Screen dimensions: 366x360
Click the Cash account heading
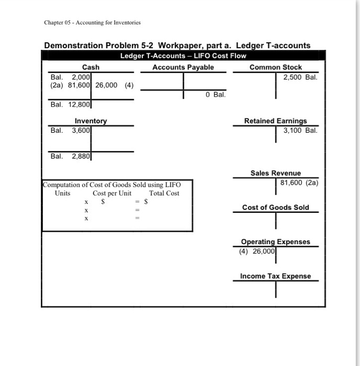91,67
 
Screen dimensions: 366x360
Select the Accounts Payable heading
183,67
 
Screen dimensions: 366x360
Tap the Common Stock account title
275,67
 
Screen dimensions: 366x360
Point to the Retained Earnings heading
275,121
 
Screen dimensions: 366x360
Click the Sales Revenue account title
275,173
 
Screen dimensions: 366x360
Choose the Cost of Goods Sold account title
275,208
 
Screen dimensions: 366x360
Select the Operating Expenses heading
275,242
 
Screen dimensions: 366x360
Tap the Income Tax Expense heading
275,276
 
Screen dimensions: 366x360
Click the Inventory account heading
91,121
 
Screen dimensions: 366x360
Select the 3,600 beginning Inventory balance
82,130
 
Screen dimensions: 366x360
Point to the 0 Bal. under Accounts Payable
215,95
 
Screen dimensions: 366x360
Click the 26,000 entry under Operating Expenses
263,251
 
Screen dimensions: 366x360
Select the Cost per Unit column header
112,193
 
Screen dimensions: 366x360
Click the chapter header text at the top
92,22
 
